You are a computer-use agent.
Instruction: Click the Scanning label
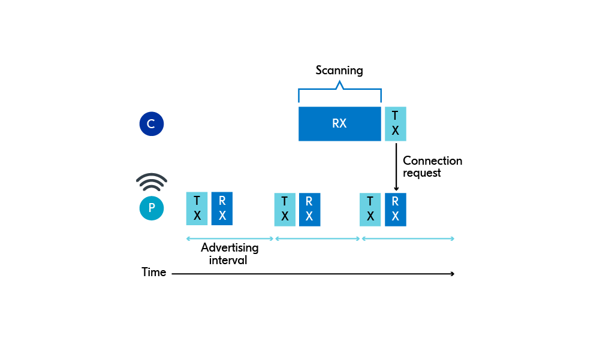[x=339, y=71]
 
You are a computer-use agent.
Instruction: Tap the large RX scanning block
[x=339, y=124]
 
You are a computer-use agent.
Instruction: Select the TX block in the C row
[x=395, y=124]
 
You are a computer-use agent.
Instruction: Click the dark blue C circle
[x=151, y=124]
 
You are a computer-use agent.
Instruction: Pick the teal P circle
[x=151, y=208]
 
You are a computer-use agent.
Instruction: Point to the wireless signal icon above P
[x=151, y=181]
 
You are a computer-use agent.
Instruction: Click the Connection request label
[x=432, y=167]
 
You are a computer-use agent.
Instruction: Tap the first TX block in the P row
[x=197, y=208]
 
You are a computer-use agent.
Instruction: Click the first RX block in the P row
[x=222, y=208]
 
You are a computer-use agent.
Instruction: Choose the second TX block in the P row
[x=285, y=210]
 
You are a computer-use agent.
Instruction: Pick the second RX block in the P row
[x=309, y=210]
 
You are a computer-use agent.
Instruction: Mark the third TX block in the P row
[x=370, y=210]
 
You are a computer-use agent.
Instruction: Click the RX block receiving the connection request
[x=395, y=210]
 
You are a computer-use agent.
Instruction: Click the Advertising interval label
[x=229, y=254]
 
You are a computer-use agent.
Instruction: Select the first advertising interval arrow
[x=230, y=238]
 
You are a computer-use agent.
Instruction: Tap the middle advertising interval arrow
[x=317, y=238]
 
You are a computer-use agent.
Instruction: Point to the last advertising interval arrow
[x=408, y=238]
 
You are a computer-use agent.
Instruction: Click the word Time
[x=153, y=273]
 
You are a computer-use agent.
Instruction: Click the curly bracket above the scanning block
[x=339, y=90]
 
